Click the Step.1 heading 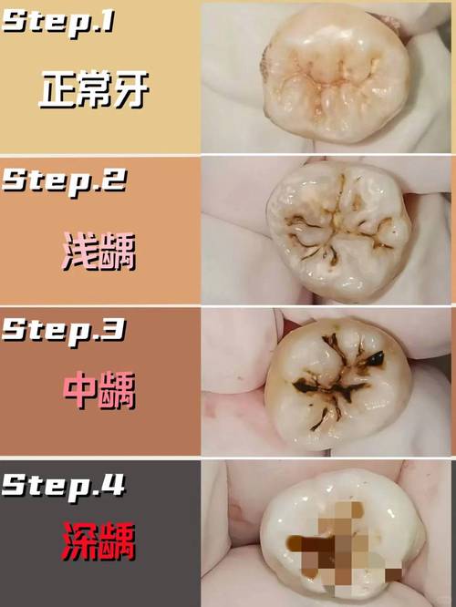point(58,23)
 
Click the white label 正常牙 point(94,90)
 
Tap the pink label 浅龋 point(99,252)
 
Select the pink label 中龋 point(99,391)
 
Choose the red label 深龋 point(99,541)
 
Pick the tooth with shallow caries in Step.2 point(339,231)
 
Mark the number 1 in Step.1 point(109,21)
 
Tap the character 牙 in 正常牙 point(131,90)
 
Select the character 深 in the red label point(80,541)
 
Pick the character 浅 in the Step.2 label point(80,252)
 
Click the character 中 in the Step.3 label point(80,390)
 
